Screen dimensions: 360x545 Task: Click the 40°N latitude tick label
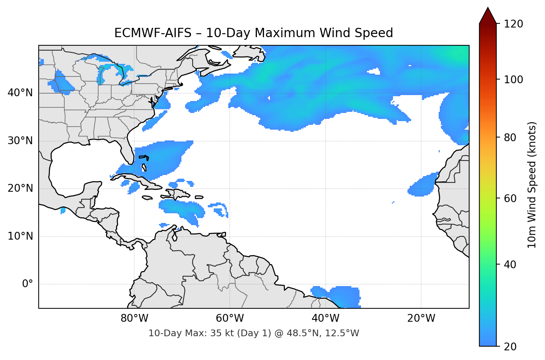point(20,93)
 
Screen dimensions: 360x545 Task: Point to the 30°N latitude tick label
point(20,141)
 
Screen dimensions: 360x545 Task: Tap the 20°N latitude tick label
point(20,188)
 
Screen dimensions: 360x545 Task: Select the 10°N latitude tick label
point(20,236)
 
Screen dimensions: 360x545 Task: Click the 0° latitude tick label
point(28,284)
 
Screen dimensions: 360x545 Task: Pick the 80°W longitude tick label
point(135,318)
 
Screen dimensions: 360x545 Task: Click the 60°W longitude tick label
point(230,318)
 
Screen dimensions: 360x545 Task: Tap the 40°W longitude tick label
point(326,318)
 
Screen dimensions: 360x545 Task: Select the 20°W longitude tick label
point(421,318)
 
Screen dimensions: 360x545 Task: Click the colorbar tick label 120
point(513,24)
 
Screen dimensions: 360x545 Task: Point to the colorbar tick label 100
point(513,80)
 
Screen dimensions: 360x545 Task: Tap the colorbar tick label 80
point(510,137)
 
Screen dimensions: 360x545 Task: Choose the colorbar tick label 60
point(510,198)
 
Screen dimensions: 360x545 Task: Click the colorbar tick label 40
point(510,265)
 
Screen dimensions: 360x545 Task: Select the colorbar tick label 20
point(510,347)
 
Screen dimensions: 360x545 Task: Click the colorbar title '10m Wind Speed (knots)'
point(532,185)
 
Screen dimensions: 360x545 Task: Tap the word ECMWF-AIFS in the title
point(153,33)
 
